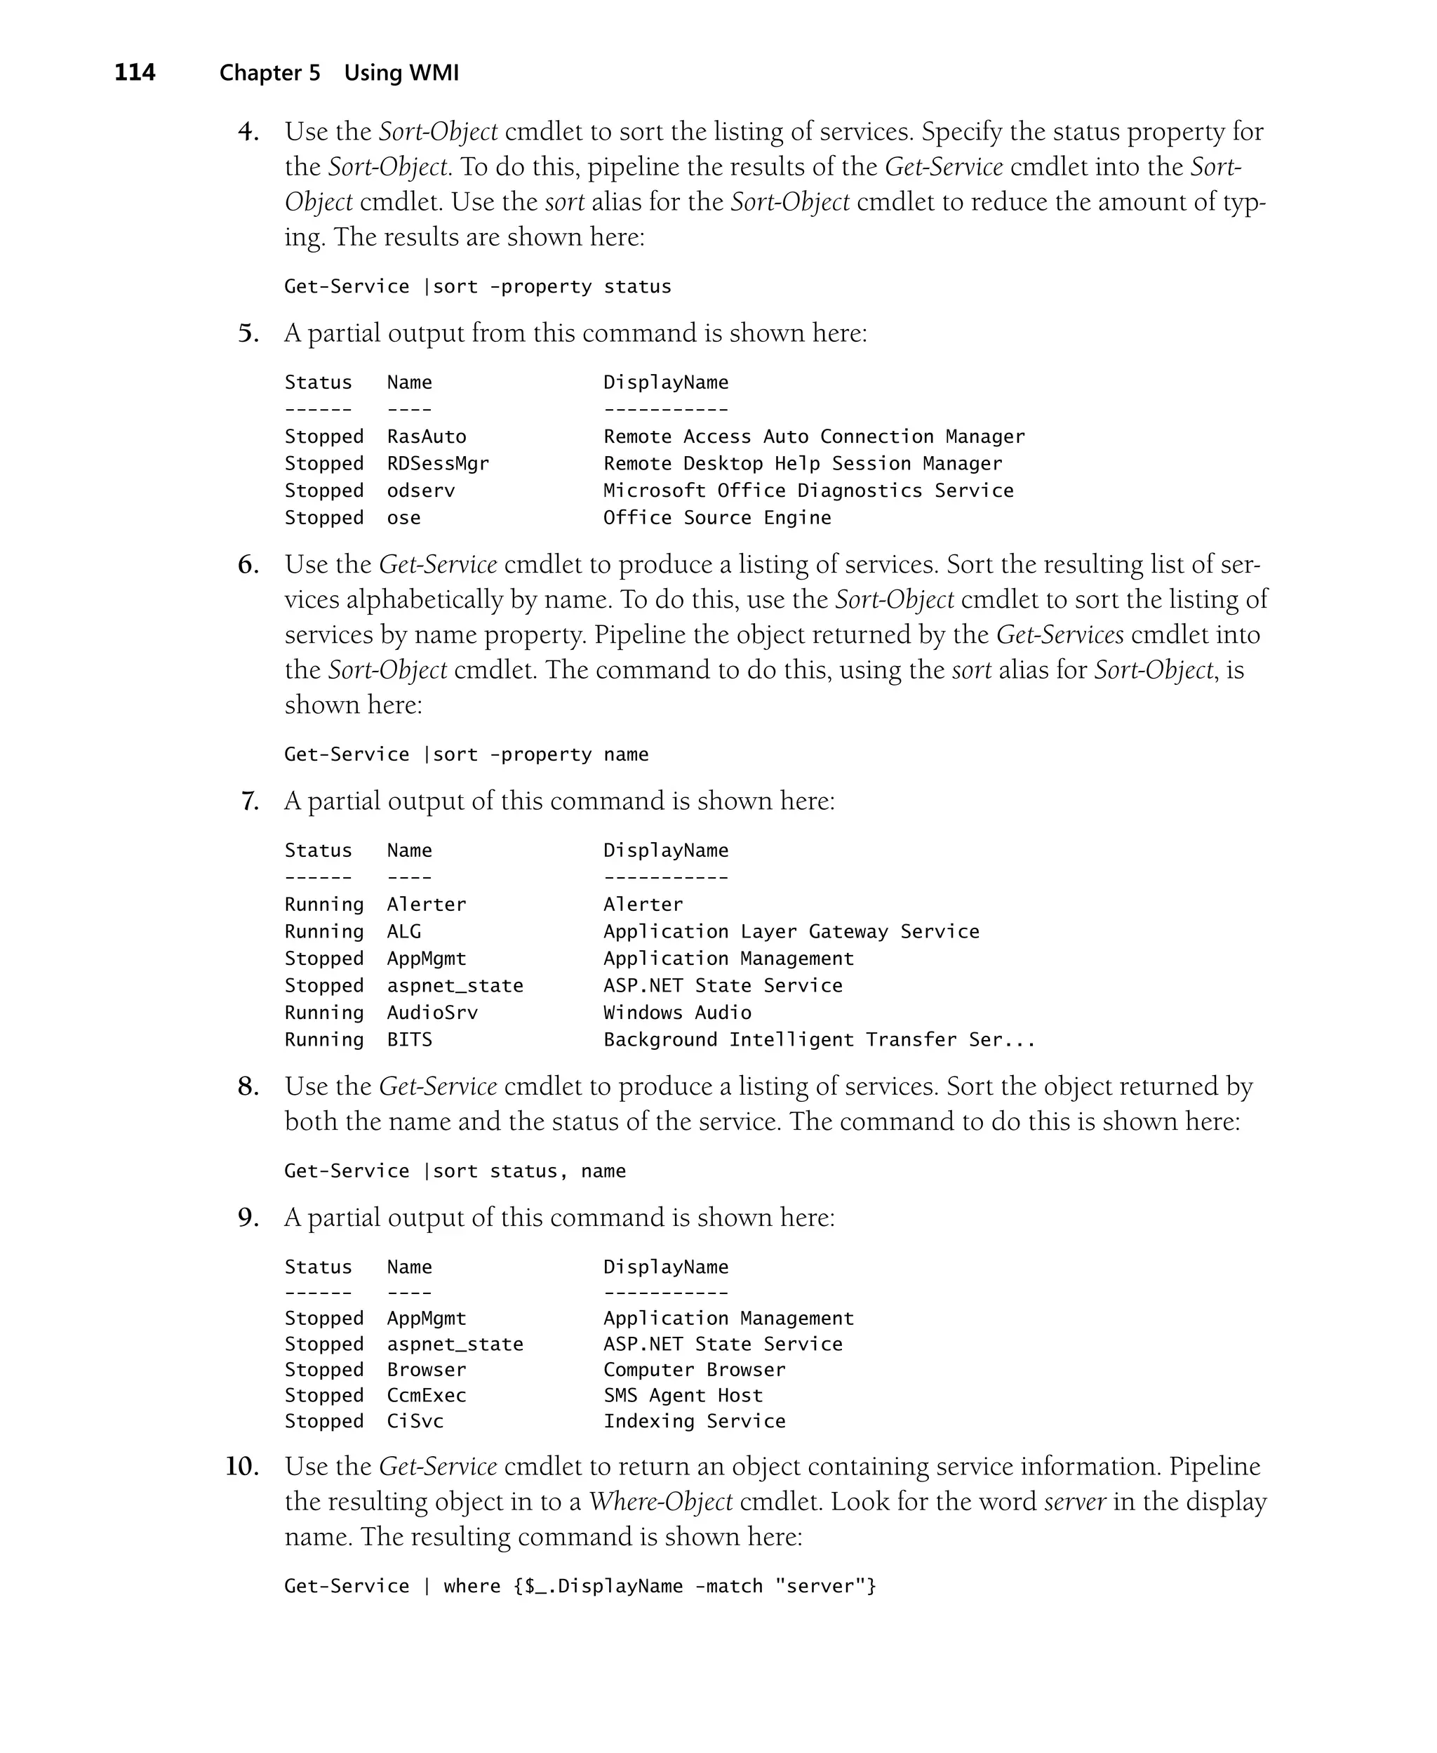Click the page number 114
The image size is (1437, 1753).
(x=134, y=73)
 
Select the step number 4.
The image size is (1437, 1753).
(x=248, y=132)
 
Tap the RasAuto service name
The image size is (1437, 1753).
(x=427, y=436)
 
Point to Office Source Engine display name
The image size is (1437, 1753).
(x=717, y=517)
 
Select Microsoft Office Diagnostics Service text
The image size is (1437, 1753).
(x=808, y=490)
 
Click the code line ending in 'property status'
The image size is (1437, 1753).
(x=478, y=286)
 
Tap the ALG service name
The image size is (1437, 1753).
(x=404, y=931)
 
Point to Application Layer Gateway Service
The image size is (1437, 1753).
(x=791, y=931)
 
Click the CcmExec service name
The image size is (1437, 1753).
(x=427, y=1394)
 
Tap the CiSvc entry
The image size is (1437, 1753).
(x=415, y=1420)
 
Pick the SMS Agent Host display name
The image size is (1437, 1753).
(x=683, y=1394)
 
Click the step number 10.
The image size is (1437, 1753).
(x=241, y=1466)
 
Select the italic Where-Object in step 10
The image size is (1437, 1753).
(x=660, y=1501)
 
